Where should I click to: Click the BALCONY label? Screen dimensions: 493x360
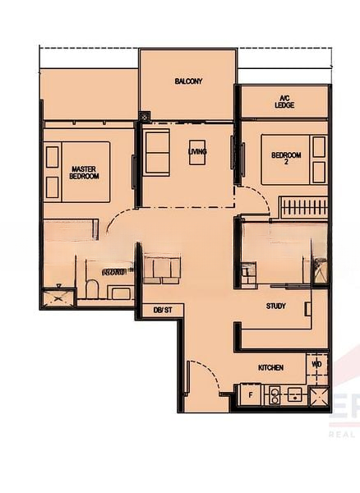[188, 81]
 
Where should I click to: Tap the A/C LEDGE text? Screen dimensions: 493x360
[285, 101]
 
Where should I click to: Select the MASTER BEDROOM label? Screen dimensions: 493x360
[84, 172]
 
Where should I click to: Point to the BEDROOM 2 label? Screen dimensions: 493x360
[287, 159]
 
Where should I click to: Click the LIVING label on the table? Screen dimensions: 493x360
[197, 152]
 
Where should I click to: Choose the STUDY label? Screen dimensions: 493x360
[276, 306]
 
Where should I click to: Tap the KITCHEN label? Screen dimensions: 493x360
[270, 367]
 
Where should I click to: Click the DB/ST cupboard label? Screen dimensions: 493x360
[162, 310]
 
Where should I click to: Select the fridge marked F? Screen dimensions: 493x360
[249, 395]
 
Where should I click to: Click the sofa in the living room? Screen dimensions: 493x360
[157, 152]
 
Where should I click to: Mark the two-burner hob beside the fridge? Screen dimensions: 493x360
[271, 395]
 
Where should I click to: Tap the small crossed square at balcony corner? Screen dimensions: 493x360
[145, 117]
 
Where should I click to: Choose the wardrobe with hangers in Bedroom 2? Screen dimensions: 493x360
[301, 206]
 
